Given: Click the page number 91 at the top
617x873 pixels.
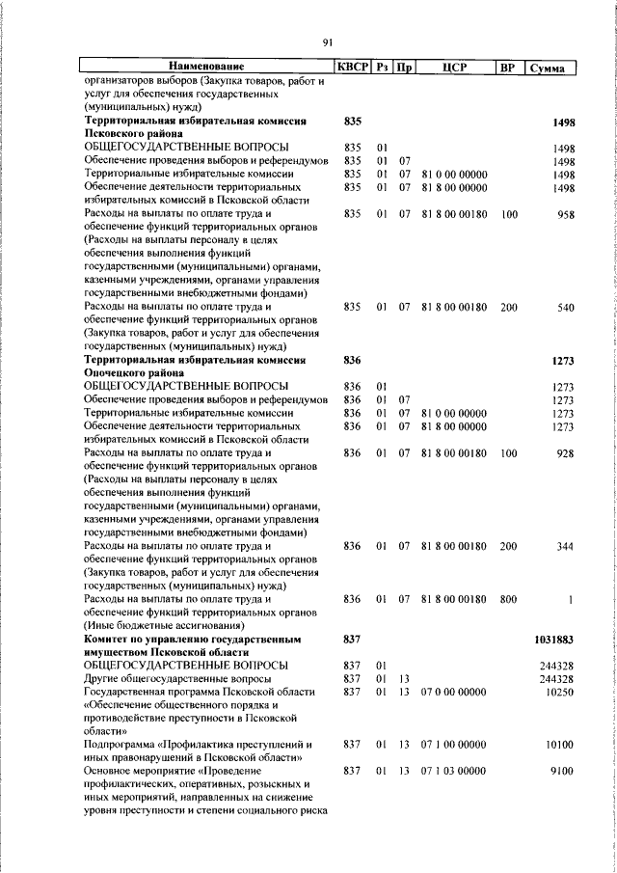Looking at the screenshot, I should tap(327, 41).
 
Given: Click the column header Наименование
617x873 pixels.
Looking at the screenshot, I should tap(204, 67).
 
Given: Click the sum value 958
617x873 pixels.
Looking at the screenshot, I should tap(565, 213).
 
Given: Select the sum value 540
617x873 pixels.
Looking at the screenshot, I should tap(565, 307).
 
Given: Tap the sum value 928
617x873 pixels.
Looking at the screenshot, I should tap(565, 453).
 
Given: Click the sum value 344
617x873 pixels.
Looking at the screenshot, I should tap(565, 546).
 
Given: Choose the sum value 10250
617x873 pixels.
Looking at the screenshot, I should tap(559, 693).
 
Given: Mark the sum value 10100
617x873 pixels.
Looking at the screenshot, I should tap(559, 746).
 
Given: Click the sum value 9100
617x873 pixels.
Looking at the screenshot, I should tap(562, 772).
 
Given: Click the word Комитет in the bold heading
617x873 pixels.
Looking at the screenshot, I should tap(111, 640).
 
